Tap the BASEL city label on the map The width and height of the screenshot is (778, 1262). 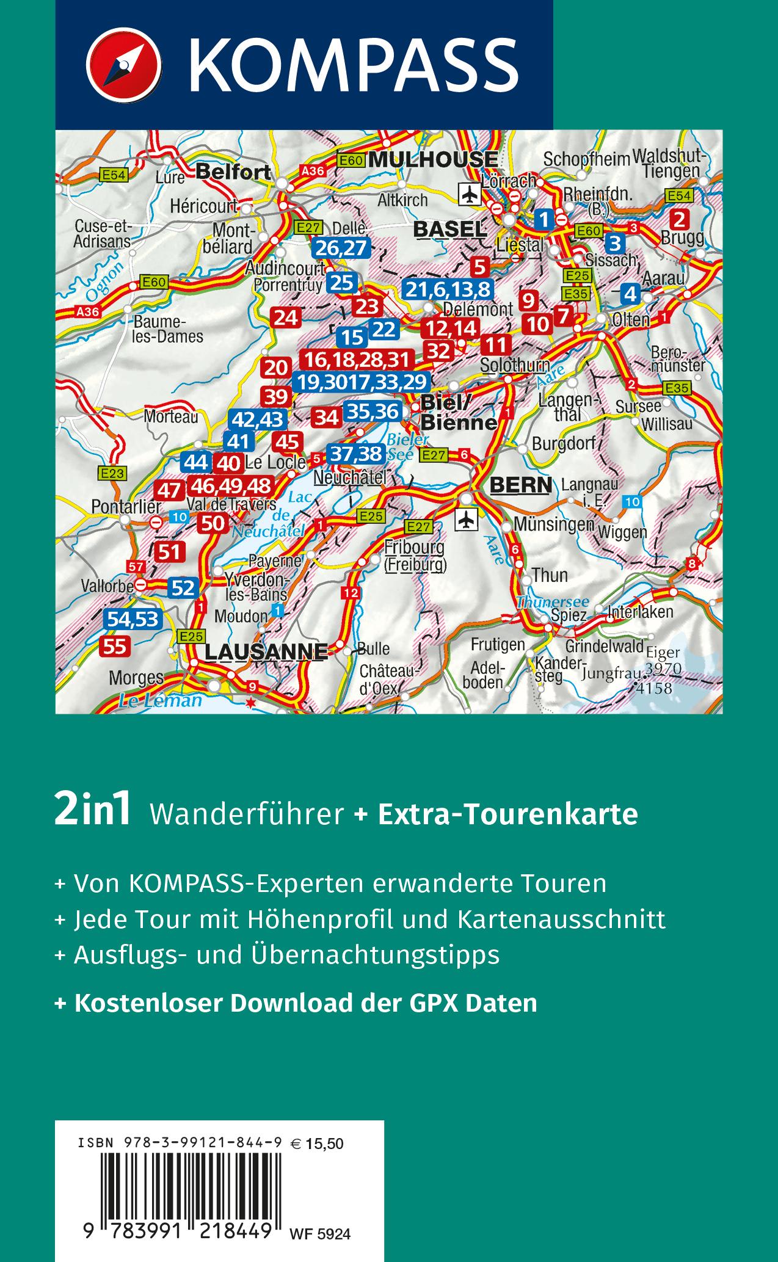(x=449, y=230)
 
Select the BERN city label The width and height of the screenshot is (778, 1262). (x=521, y=485)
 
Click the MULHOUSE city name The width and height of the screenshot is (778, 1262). (x=434, y=160)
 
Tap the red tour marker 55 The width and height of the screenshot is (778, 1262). (x=114, y=647)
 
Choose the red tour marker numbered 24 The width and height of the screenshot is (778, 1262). (x=286, y=317)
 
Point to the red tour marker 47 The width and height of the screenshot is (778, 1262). (x=169, y=490)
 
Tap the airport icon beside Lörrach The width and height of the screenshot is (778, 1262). (x=470, y=195)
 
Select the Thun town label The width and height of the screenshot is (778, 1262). (x=550, y=575)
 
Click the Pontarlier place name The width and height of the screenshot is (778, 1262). (x=126, y=506)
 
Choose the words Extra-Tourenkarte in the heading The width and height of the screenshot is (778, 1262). (x=508, y=814)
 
